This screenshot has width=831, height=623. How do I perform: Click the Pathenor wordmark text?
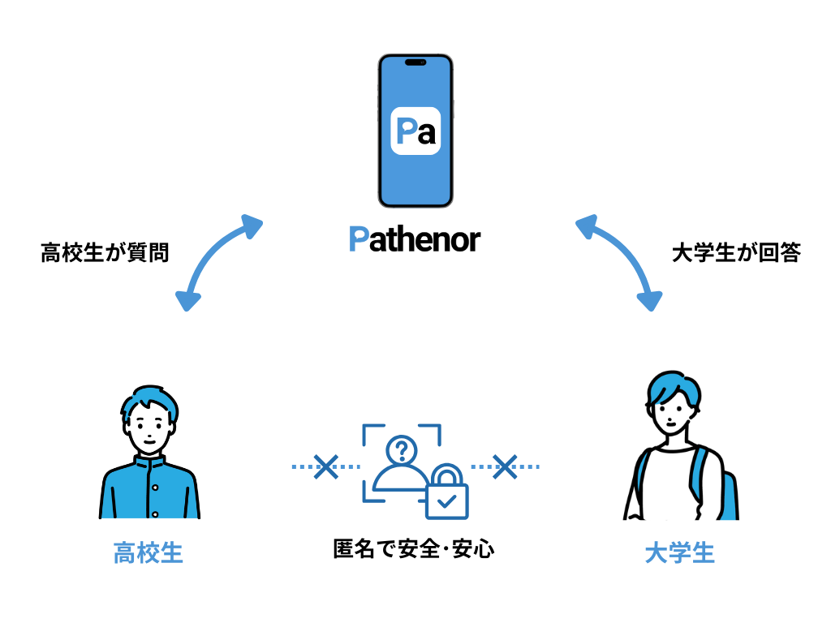pos(415,239)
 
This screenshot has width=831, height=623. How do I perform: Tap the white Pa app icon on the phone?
pos(415,131)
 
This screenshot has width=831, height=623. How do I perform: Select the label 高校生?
pos(148,554)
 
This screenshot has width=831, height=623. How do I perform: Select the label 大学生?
pos(679,554)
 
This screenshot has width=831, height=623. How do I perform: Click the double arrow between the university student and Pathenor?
pos(618,261)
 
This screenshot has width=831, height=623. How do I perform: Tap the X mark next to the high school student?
pos(326,466)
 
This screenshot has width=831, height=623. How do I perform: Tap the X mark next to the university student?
pos(506,466)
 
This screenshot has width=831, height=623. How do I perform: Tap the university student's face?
pos(673,419)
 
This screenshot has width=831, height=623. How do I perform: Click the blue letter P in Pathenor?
pos(358,239)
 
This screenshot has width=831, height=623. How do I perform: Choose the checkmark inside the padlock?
pos(446,502)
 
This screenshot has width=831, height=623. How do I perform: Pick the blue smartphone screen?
pos(415,178)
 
